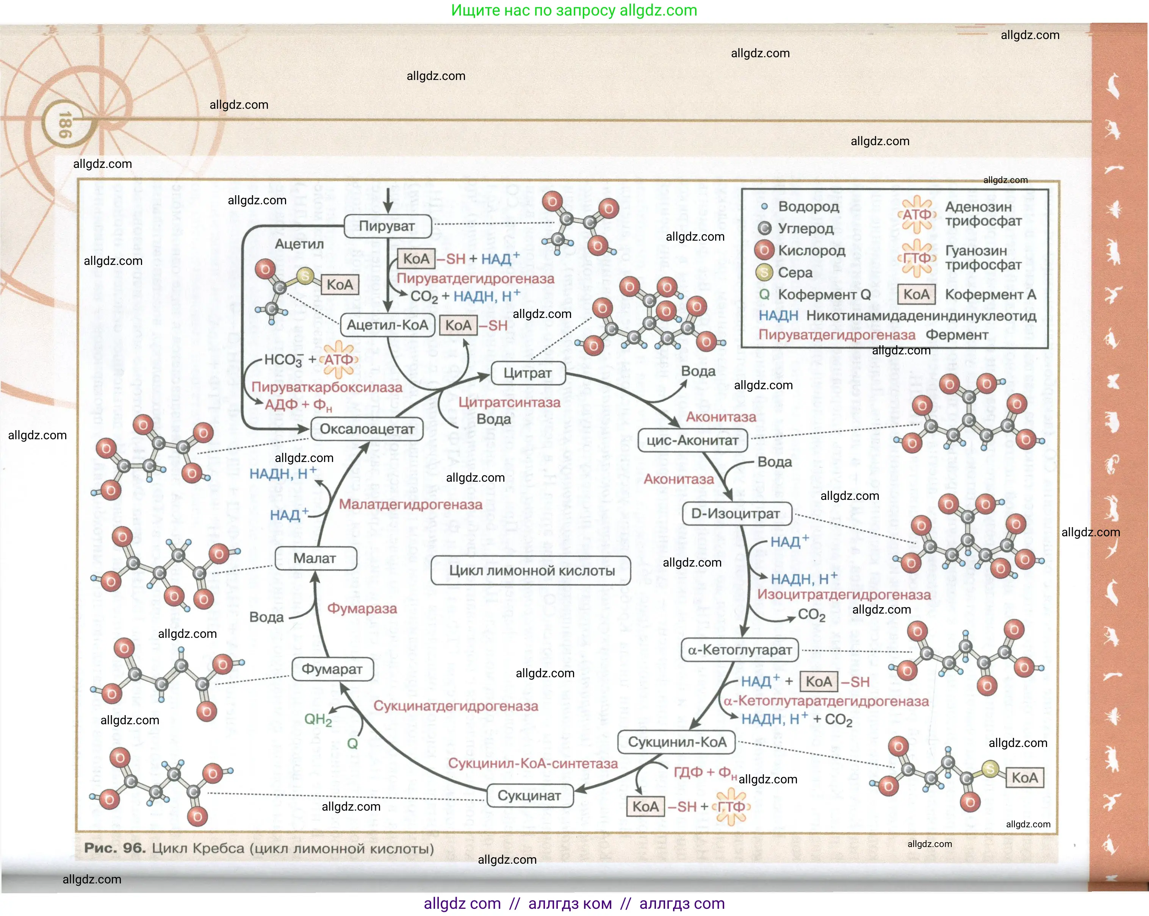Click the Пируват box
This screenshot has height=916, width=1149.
point(387,226)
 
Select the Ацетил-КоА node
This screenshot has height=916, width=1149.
point(387,325)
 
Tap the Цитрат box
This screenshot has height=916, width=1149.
point(527,373)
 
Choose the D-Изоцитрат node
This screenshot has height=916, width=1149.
point(736,514)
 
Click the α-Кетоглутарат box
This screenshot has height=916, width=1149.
point(740,650)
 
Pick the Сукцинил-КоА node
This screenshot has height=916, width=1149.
point(677,742)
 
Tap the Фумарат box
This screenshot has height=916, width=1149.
point(332,669)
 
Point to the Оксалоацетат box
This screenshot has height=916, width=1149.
point(367,429)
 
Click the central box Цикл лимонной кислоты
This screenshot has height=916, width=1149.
point(531,571)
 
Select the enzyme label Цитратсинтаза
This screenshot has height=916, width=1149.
point(509,402)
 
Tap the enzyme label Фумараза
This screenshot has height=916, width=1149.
point(362,609)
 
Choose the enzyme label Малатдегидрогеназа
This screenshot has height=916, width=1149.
point(410,505)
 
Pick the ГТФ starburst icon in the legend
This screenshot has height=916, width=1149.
point(917,258)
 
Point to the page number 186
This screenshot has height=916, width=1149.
point(64,125)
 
